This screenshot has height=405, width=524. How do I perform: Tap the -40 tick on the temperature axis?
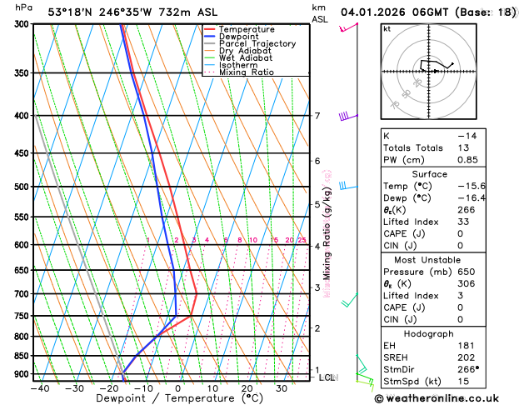click(39, 387)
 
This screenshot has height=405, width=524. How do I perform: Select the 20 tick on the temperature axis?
click(247, 387)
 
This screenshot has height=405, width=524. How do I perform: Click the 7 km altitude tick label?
click(317, 116)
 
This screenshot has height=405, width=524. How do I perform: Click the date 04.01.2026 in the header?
click(370, 12)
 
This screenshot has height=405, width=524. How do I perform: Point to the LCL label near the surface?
click(328, 377)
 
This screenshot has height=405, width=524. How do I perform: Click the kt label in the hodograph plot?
click(387, 28)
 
